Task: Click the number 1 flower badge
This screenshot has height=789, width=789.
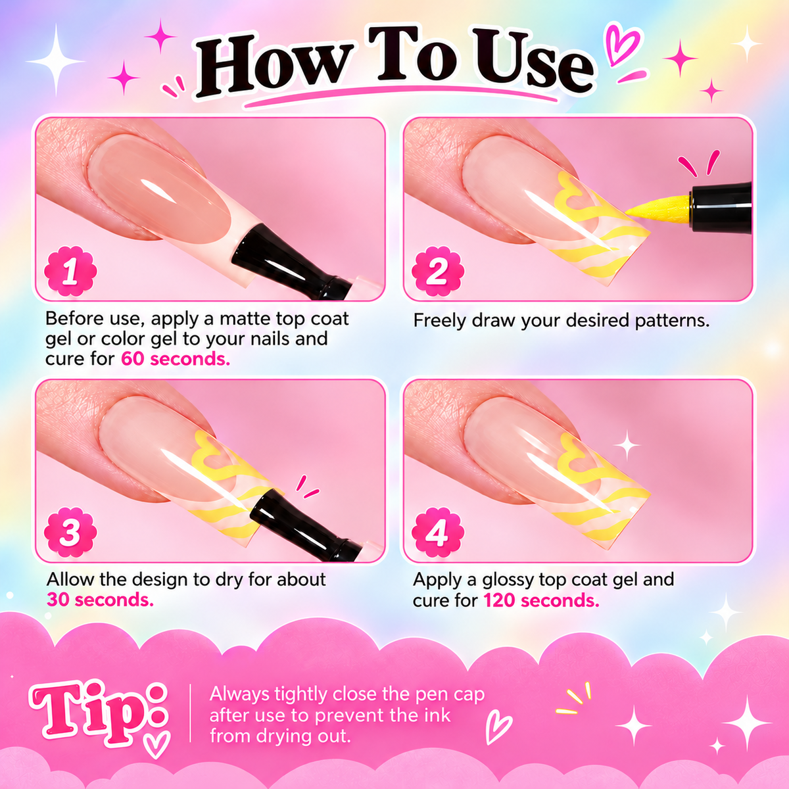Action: (x=70, y=271)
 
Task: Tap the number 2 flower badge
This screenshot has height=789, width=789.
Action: (x=438, y=271)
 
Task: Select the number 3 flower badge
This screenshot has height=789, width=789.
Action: (x=70, y=533)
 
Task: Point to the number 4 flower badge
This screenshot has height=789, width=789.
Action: (x=438, y=533)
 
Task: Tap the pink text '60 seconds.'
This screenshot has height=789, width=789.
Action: (x=176, y=359)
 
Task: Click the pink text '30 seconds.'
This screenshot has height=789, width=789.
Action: (x=101, y=600)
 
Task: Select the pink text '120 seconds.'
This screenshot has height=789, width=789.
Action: (x=541, y=601)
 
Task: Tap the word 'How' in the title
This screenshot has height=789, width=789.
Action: (x=274, y=66)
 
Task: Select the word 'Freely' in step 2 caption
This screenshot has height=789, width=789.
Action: (x=439, y=321)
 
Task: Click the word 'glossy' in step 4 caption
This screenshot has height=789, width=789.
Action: (x=508, y=580)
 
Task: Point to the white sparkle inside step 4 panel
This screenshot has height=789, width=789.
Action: (x=626, y=444)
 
